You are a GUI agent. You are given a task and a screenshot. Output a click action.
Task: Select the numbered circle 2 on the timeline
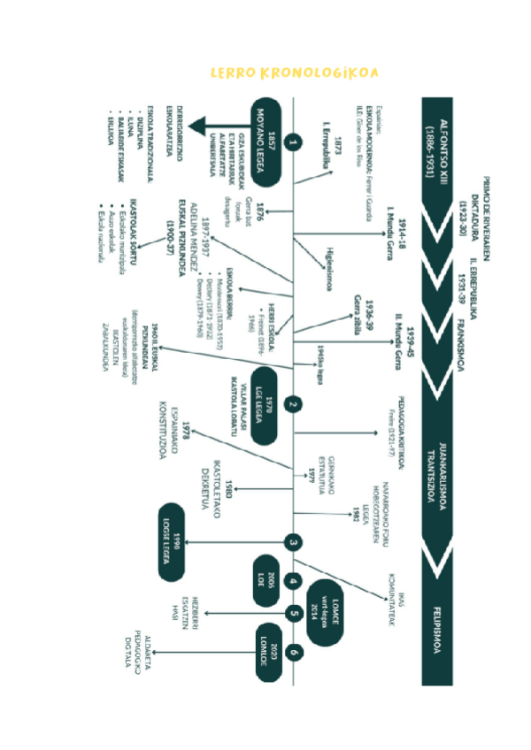[x=294, y=406]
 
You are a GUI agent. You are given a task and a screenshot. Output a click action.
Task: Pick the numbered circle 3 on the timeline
[x=294, y=542]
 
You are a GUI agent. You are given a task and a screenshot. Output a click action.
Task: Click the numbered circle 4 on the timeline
[x=294, y=581]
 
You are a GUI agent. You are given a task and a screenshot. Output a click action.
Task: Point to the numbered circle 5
[x=294, y=613]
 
